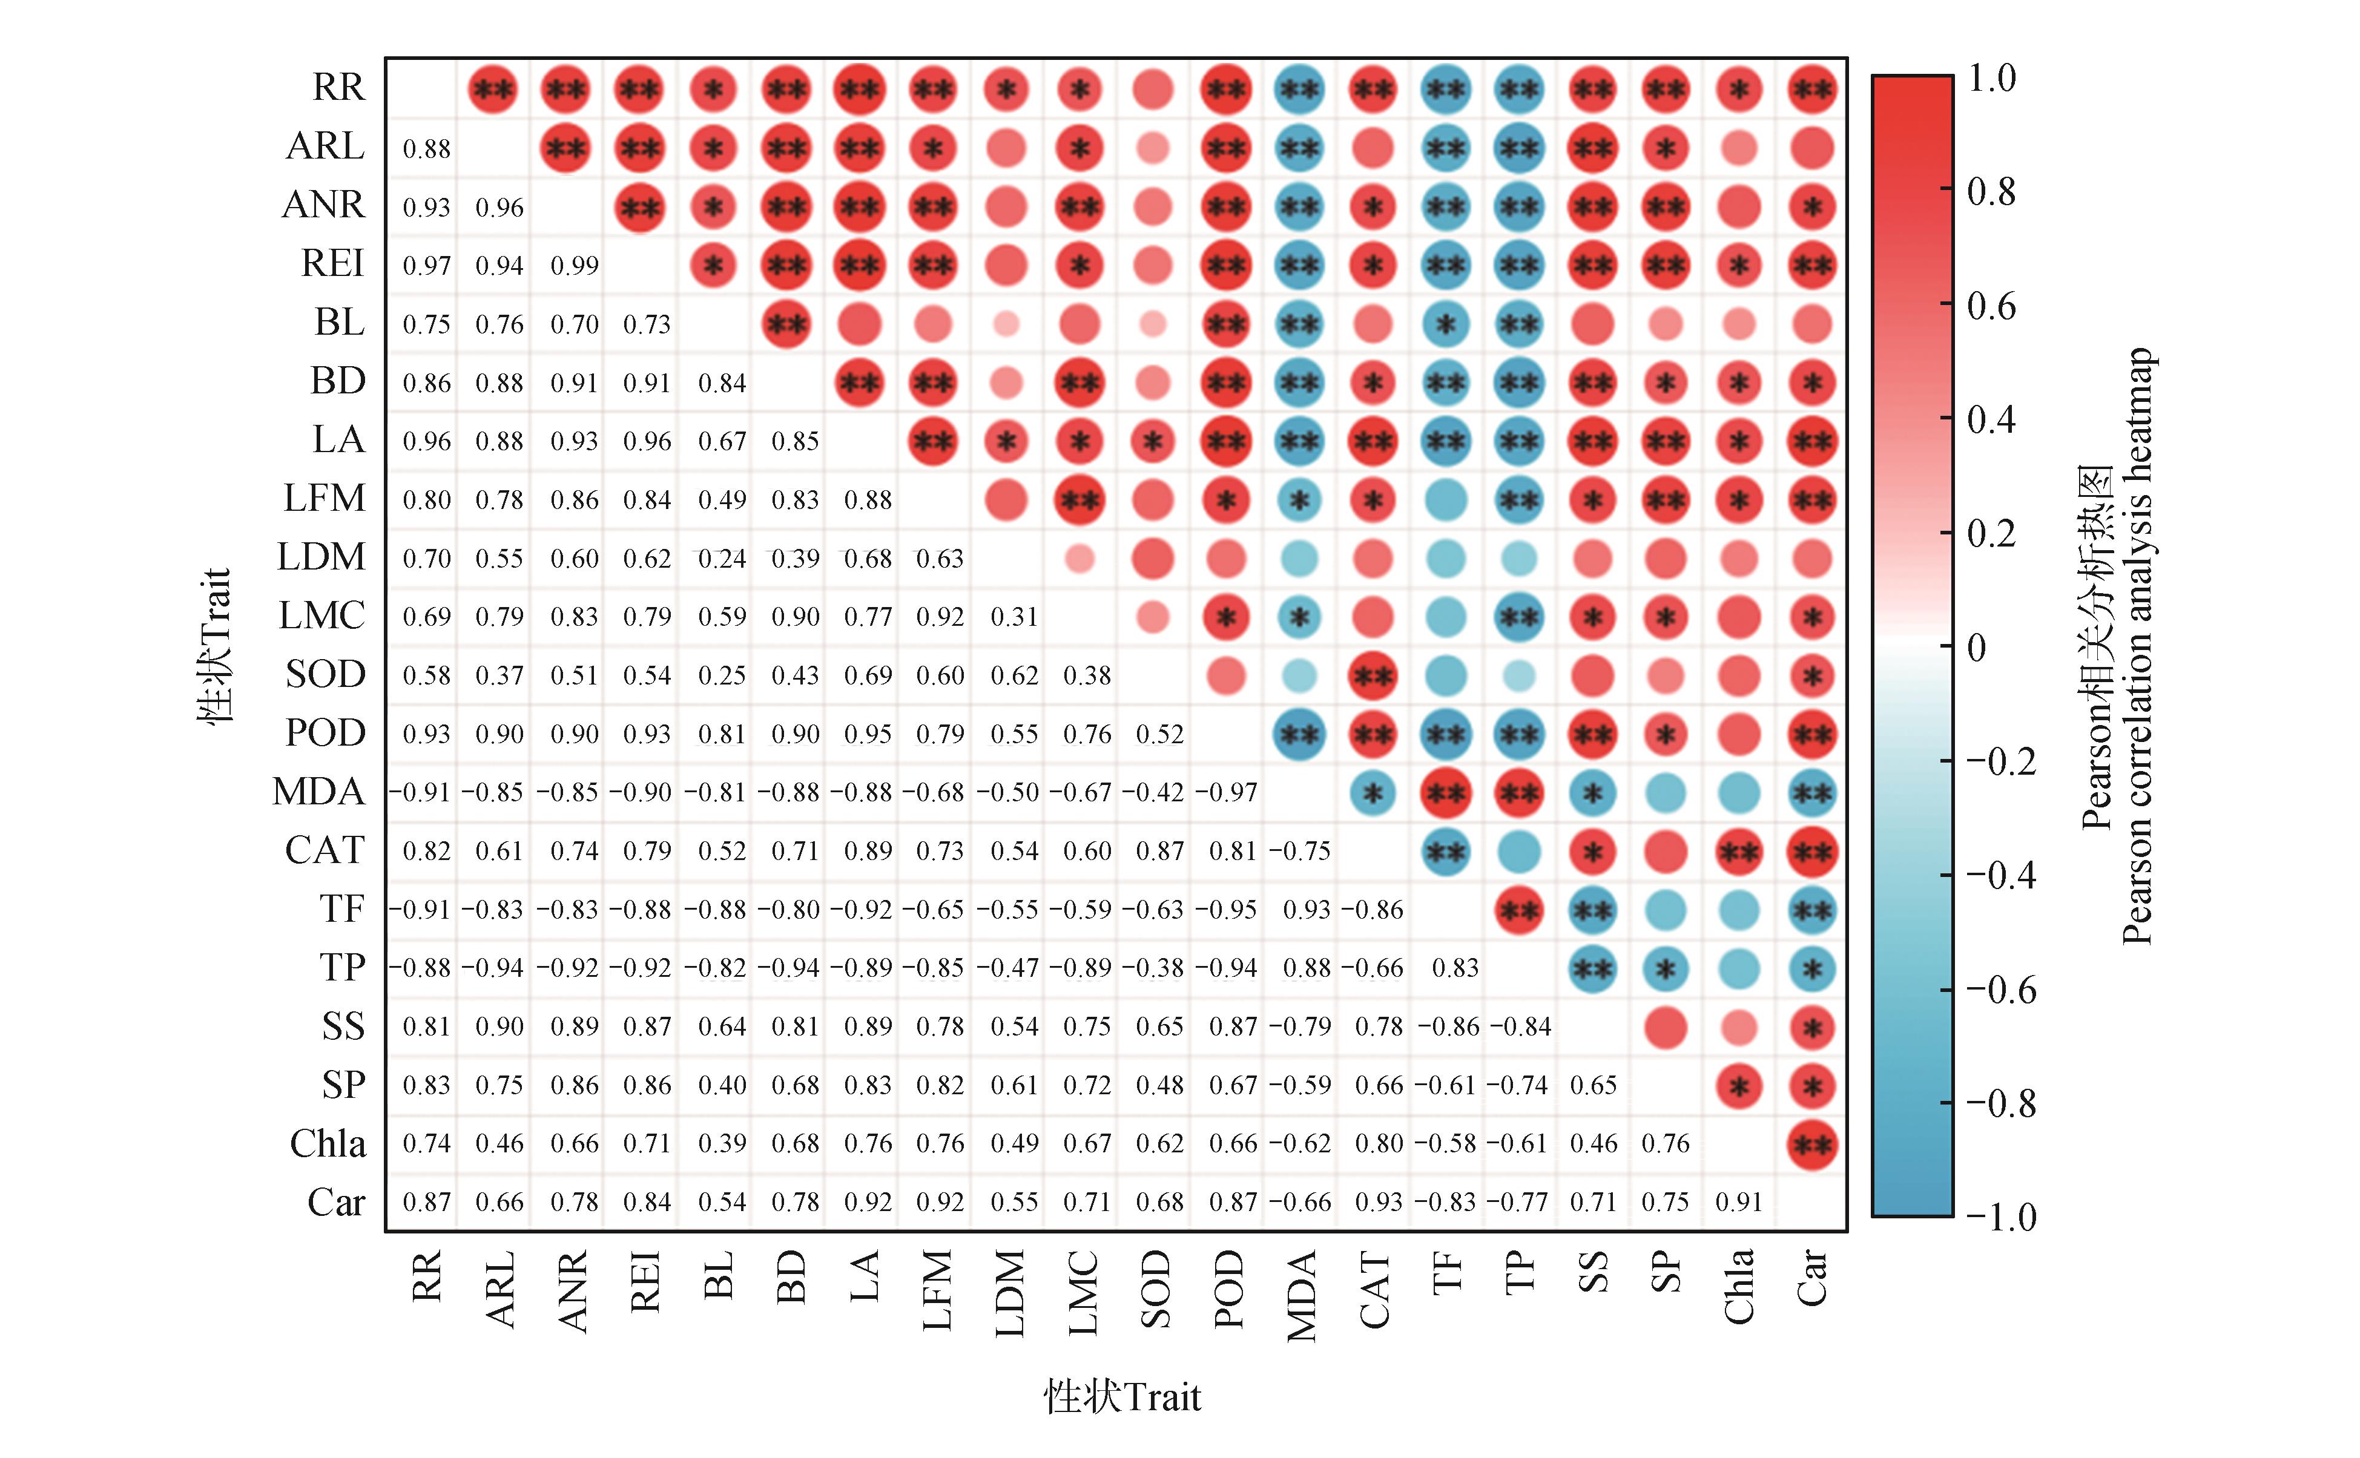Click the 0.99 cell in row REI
tap(574, 265)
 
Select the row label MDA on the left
tap(319, 792)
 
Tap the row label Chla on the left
tap(328, 1144)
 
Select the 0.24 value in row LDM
tap(722, 558)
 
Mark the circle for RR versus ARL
tap(493, 90)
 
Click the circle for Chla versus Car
tap(1811, 1144)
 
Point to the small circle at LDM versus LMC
tap(1080, 558)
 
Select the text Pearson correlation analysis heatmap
tap(2137, 646)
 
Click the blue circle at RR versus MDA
tap(1299, 90)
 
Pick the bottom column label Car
tap(1811, 1278)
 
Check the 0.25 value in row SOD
tap(722, 675)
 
